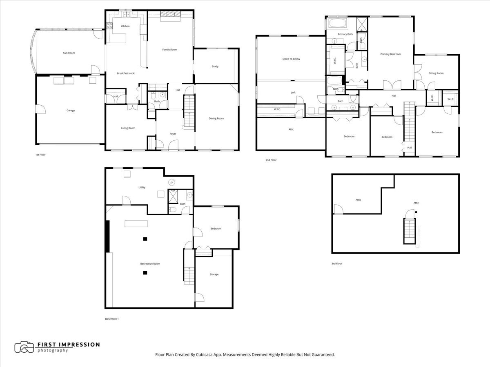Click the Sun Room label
click(x=69, y=53)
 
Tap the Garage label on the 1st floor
click(x=71, y=111)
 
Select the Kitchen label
click(x=125, y=26)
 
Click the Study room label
click(x=215, y=66)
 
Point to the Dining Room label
click(x=216, y=119)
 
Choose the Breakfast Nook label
click(x=125, y=73)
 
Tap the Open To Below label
click(x=291, y=59)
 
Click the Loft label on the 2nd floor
click(x=293, y=93)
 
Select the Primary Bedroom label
click(x=390, y=54)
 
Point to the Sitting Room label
click(x=436, y=73)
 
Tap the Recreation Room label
click(x=150, y=264)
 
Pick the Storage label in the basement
click(x=214, y=274)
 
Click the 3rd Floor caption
click(x=336, y=264)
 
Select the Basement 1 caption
click(x=111, y=319)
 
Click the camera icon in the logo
click(x=24, y=347)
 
